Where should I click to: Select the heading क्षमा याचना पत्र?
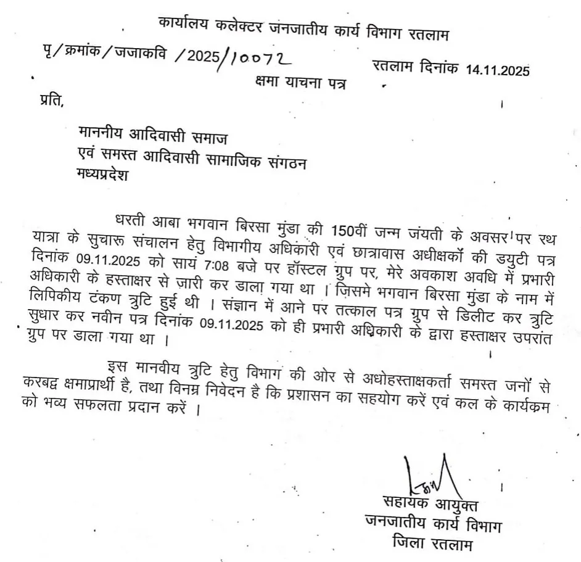tap(300, 81)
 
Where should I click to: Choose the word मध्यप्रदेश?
tap(101, 174)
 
